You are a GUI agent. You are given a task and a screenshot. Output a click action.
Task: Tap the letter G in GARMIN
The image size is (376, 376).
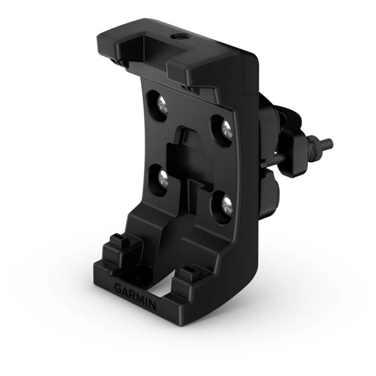(x=118, y=288)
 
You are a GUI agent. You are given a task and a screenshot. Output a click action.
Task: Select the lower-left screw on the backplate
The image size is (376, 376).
(x=162, y=179)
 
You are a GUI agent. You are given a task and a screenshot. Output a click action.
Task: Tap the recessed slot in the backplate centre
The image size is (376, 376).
(x=191, y=166)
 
